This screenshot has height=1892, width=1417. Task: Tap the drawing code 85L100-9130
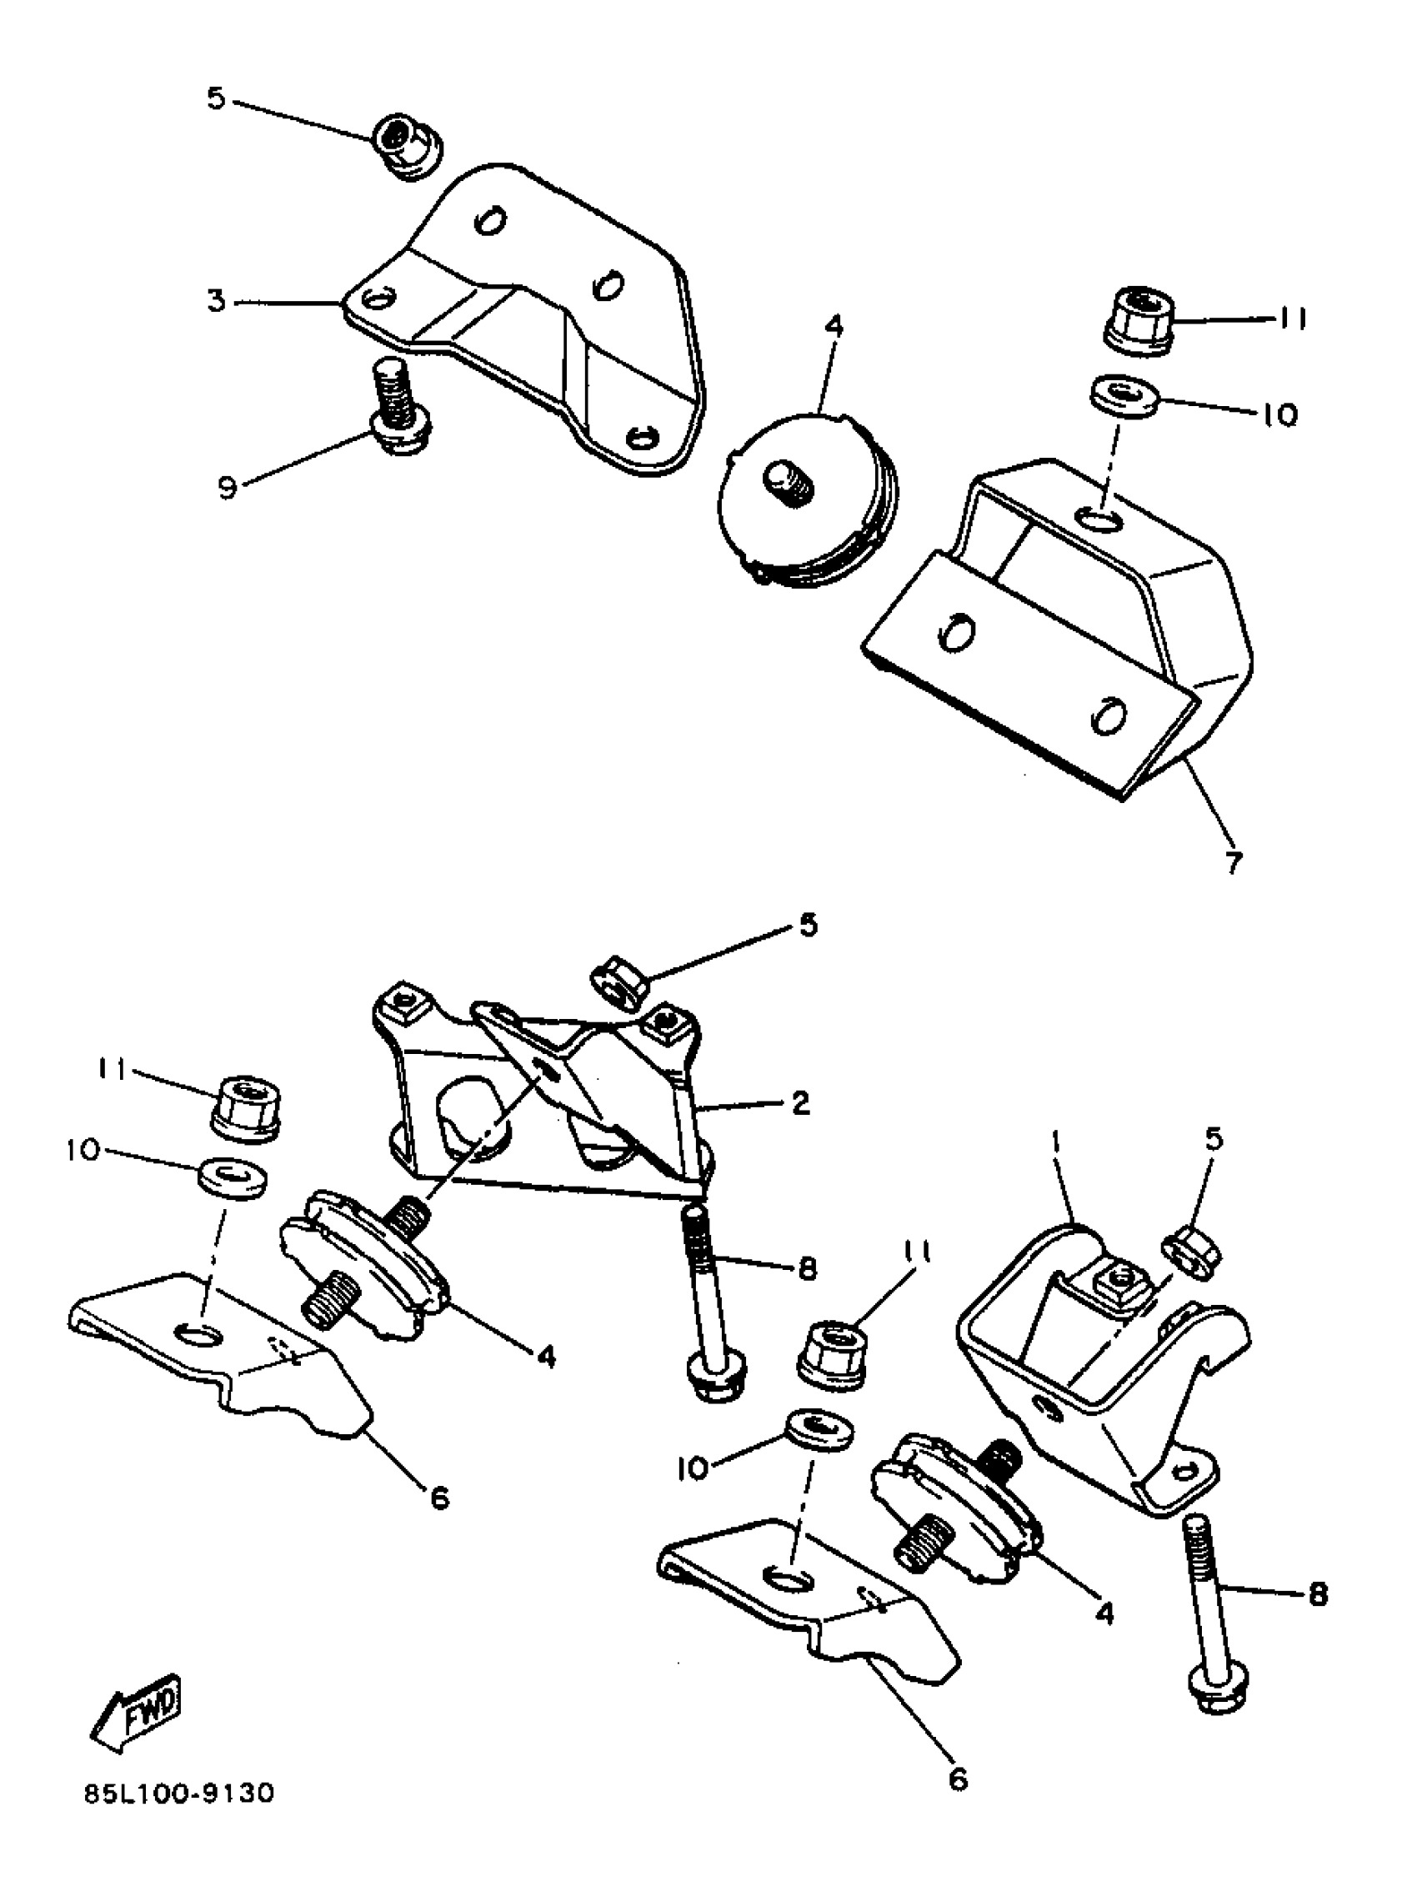[179, 1817]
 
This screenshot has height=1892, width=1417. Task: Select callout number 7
[1231, 862]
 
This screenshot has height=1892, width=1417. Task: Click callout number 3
[218, 301]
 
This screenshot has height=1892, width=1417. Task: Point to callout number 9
[227, 489]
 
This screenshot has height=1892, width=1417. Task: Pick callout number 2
[800, 1103]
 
